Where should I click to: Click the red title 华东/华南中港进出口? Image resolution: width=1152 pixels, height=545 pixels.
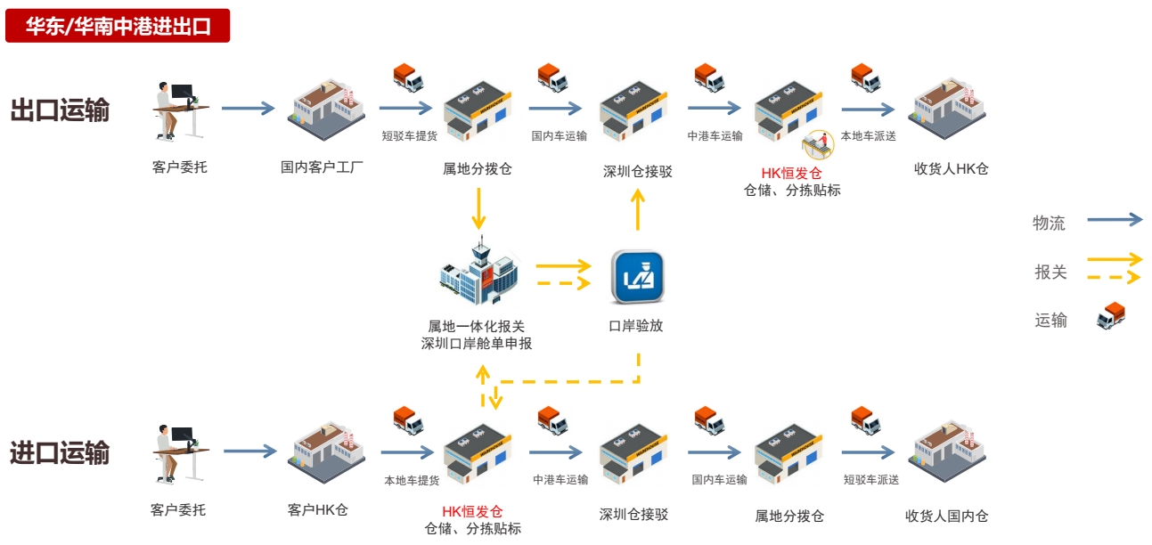point(118,26)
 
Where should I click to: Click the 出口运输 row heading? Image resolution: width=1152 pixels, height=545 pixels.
point(60,110)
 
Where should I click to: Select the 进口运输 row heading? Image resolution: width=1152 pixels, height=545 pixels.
point(60,452)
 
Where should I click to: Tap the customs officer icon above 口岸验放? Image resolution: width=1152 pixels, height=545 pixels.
point(637,277)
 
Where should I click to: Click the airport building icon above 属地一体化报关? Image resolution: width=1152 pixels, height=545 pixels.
point(479,272)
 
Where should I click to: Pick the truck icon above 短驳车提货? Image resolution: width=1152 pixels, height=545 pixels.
point(408,77)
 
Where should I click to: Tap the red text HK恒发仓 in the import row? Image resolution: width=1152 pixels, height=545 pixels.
point(472,511)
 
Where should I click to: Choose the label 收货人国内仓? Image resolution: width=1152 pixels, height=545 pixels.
point(946,516)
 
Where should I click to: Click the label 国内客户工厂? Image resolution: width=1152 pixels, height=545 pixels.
point(322,167)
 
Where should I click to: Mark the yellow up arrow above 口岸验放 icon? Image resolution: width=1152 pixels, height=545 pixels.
point(637,211)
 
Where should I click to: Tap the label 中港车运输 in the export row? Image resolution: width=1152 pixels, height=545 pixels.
point(715,136)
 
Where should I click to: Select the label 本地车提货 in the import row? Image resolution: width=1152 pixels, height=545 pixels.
point(412,480)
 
